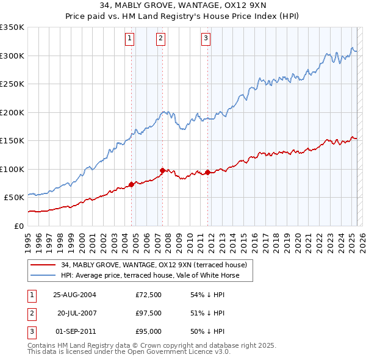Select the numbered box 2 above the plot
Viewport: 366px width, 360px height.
(160, 38)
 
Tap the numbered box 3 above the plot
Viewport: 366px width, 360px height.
(206, 38)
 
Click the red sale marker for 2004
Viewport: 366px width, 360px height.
(132, 184)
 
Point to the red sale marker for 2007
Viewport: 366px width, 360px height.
(163, 170)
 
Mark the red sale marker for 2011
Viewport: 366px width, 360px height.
(208, 171)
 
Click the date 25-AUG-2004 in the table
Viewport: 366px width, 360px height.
(74, 295)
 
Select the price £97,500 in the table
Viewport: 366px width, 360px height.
(149, 313)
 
